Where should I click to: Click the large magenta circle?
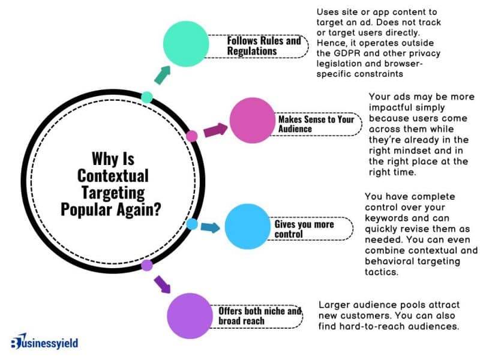(x=253, y=122)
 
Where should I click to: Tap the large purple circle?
(x=191, y=316)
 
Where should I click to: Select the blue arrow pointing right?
(x=210, y=227)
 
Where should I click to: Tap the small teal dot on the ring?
(x=146, y=97)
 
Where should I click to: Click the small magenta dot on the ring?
(x=192, y=136)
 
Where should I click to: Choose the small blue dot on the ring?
(x=192, y=224)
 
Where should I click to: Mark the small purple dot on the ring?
(x=146, y=265)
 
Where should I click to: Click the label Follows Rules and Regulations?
(x=263, y=46)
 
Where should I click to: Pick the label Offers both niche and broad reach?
(x=259, y=316)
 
